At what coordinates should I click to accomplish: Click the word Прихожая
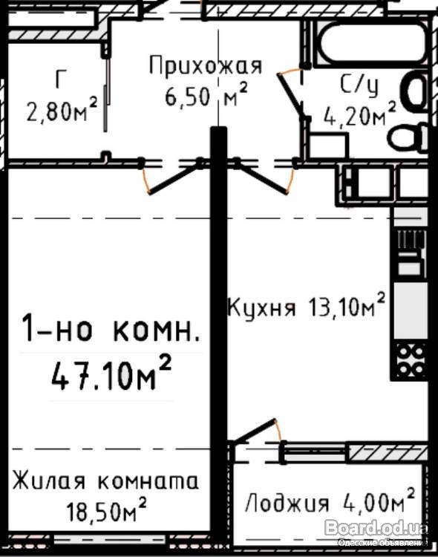[206, 65]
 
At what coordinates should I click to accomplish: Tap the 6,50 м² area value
[206, 94]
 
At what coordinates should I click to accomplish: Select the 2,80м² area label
[62, 109]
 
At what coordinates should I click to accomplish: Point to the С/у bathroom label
[359, 85]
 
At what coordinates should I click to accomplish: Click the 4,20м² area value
[359, 114]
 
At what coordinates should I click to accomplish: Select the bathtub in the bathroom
[372, 43]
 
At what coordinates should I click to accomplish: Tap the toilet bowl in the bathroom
[408, 137]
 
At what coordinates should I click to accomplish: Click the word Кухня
[261, 307]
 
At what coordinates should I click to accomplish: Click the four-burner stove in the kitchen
[410, 360]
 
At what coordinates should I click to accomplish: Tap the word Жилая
[50, 481]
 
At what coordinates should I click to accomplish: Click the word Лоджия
[287, 503]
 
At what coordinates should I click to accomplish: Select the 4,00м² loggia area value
[379, 500]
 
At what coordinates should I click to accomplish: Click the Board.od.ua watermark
[376, 527]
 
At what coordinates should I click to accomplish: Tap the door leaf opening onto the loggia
[255, 430]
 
